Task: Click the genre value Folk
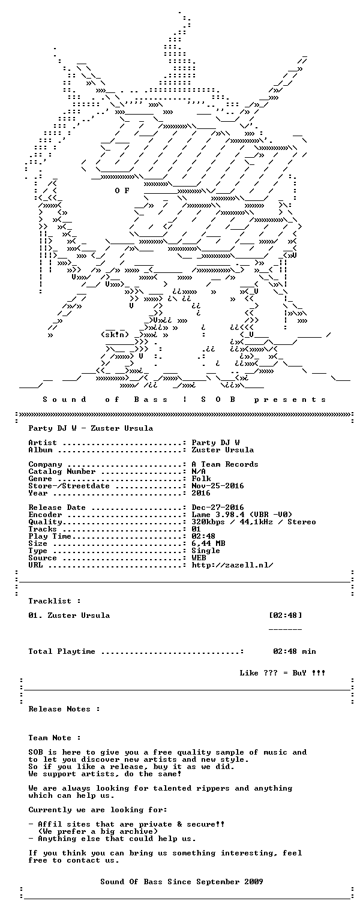point(201,479)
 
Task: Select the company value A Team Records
point(225,464)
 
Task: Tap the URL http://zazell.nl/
point(232,565)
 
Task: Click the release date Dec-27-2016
point(218,507)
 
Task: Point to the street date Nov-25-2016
point(218,486)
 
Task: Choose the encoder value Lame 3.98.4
point(218,515)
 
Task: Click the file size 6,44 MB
point(209,543)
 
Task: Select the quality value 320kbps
point(208,522)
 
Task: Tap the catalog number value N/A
point(199,471)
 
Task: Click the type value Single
point(206,551)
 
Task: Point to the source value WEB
point(199,558)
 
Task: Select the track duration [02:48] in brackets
point(286,615)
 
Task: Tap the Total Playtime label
point(62,651)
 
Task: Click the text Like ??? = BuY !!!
point(282,673)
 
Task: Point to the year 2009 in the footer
point(253,881)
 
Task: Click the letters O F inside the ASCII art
point(122,190)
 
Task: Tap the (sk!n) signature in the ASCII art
point(115,335)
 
